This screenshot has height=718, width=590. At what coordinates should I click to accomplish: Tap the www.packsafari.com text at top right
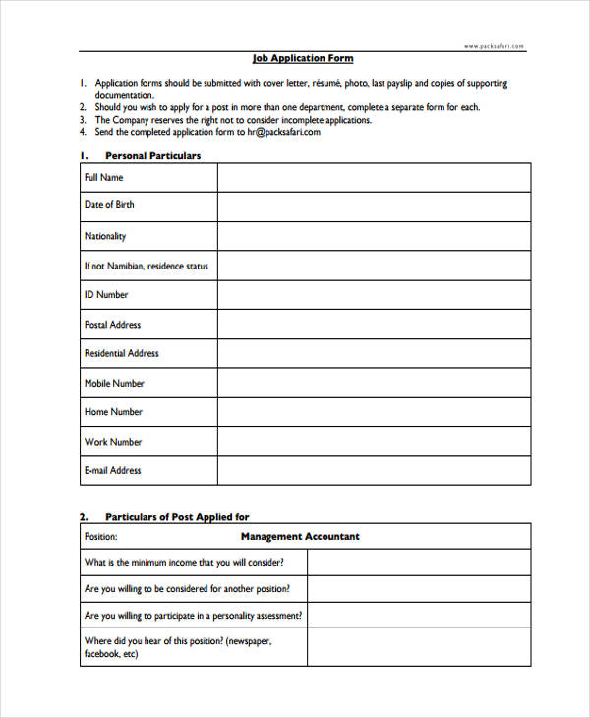coord(494,46)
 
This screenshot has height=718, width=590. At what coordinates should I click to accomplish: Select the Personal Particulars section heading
coord(152,155)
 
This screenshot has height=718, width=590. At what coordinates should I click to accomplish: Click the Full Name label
coord(104,178)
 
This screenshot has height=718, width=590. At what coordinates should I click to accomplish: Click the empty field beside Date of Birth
coord(374,206)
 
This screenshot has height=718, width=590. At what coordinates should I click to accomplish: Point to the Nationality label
coord(105,236)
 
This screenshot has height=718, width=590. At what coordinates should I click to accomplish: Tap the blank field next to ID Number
coord(374,295)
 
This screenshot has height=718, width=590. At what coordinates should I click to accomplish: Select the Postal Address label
coord(112,325)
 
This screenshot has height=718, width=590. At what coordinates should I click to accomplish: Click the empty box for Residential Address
coord(374,354)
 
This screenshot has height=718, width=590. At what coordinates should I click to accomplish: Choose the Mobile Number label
coord(114,383)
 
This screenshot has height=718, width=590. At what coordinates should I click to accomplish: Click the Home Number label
coord(113,412)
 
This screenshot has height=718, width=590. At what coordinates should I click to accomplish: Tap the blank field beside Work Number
coord(374,442)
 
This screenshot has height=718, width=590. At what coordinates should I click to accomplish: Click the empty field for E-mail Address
coord(374,471)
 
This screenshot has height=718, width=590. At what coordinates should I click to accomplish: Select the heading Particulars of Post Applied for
coord(177,516)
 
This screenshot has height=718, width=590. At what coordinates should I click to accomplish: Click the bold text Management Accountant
coord(300,537)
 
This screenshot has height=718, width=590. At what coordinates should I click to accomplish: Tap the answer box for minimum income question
coord(419,563)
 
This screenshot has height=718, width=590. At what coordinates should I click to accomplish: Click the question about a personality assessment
coord(194,616)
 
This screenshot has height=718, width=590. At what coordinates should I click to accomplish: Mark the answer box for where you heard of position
coord(419,648)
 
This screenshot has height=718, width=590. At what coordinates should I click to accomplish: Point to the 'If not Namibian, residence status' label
coord(147,266)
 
